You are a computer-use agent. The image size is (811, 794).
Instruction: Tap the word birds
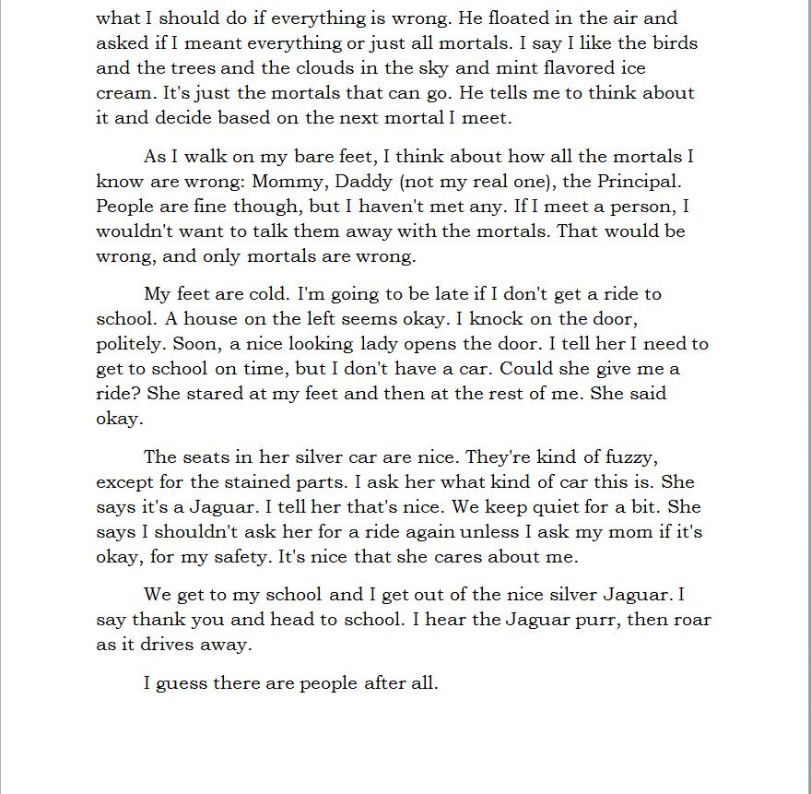[672, 42]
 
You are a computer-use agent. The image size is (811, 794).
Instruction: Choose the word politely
[132, 344]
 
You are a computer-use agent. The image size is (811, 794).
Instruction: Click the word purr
[596, 619]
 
